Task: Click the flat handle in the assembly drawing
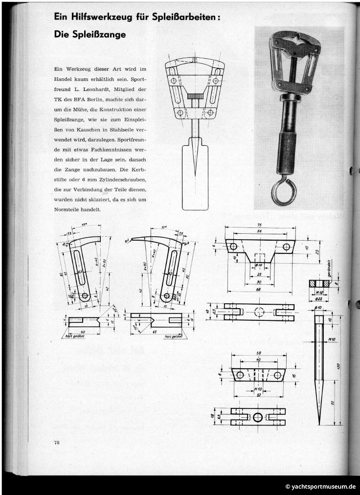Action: pos(195,176)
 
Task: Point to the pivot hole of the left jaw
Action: pos(85,296)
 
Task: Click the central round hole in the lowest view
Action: pos(258,417)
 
